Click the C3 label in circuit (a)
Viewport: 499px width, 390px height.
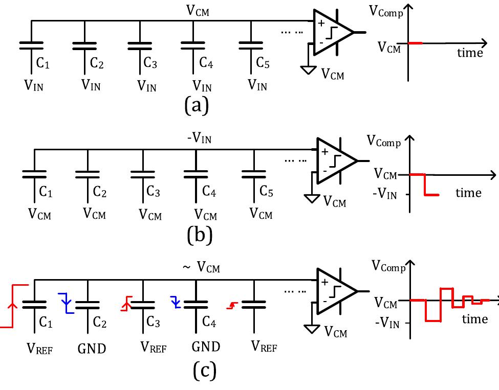[x=150, y=63]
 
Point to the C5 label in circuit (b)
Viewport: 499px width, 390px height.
[x=266, y=192]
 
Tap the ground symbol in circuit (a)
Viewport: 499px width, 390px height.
[x=308, y=68]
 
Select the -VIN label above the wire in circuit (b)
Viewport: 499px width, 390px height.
[x=201, y=138]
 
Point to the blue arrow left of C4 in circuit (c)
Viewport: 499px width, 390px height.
[x=176, y=302]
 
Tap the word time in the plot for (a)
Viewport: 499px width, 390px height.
[x=470, y=53]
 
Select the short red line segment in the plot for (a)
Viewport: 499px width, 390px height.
[x=415, y=43]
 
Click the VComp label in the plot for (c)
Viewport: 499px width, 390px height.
[x=388, y=266]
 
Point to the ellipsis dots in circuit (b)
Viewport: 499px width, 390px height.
[x=294, y=160]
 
